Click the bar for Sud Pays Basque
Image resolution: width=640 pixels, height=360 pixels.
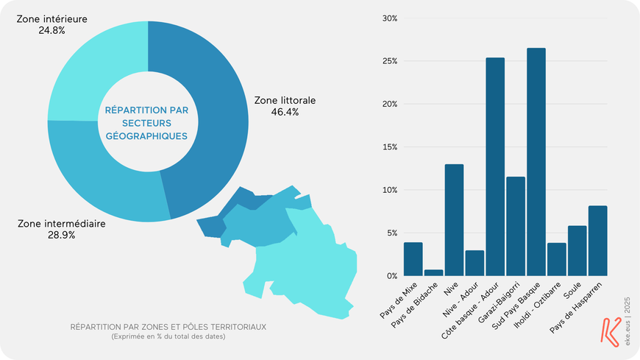point(536,162)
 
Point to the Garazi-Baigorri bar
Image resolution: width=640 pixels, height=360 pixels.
point(516,226)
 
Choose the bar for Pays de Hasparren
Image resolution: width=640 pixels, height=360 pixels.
point(597,241)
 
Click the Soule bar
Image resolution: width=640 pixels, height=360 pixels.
point(577,250)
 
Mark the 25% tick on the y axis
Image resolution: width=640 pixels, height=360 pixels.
point(389,61)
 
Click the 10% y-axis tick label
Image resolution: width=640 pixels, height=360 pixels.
point(389,190)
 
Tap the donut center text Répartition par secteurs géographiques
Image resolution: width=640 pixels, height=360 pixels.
point(146,122)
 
